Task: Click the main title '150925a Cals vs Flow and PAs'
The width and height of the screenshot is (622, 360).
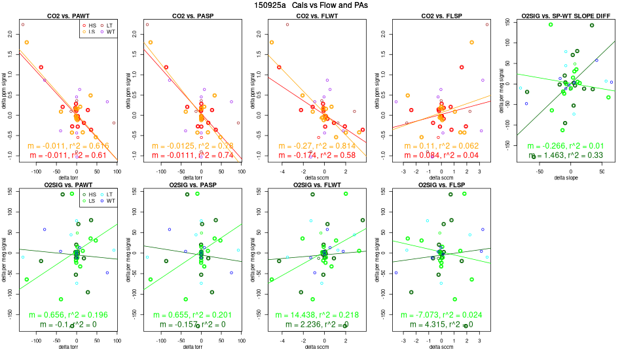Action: click(x=310, y=5)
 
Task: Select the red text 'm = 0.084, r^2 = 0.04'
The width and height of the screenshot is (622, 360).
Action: click(x=441, y=155)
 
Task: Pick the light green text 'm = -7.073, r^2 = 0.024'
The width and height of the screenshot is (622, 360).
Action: click(x=441, y=315)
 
